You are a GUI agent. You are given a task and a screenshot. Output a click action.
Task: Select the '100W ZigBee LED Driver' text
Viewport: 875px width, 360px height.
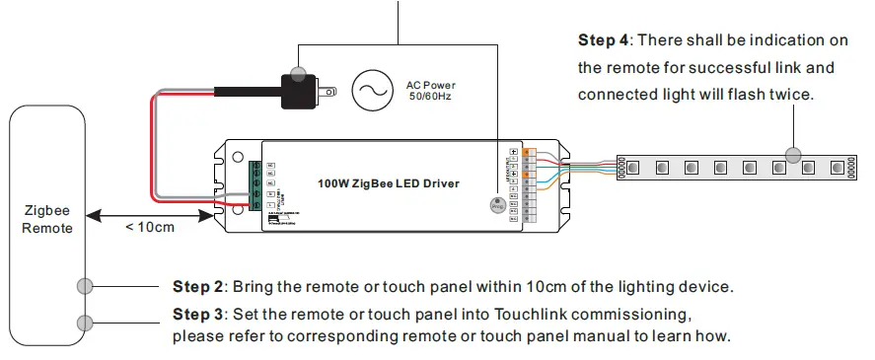point(388,183)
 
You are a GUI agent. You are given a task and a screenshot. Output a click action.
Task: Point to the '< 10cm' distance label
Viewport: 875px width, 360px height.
point(150,228)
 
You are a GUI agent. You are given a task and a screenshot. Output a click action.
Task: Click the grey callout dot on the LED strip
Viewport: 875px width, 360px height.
point(792,154)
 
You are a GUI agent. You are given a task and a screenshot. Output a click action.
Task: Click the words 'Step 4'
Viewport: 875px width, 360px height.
point(603,41)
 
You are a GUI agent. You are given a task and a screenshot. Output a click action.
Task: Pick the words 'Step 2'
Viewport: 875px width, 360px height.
point(198,287)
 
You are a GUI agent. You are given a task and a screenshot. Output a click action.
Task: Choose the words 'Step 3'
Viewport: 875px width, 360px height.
point(198,315)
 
